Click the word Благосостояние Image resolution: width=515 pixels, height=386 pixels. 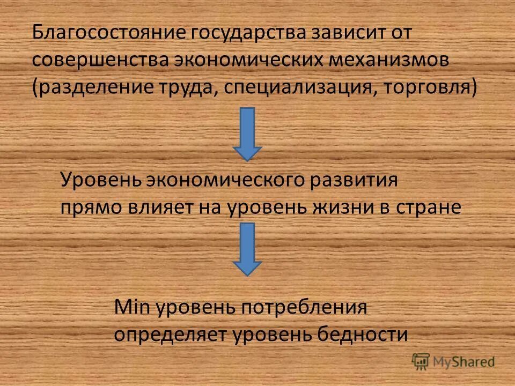108,33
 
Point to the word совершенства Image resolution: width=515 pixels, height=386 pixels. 99,60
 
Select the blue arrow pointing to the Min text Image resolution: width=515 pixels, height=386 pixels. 247,249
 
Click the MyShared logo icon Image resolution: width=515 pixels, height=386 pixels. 421,362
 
